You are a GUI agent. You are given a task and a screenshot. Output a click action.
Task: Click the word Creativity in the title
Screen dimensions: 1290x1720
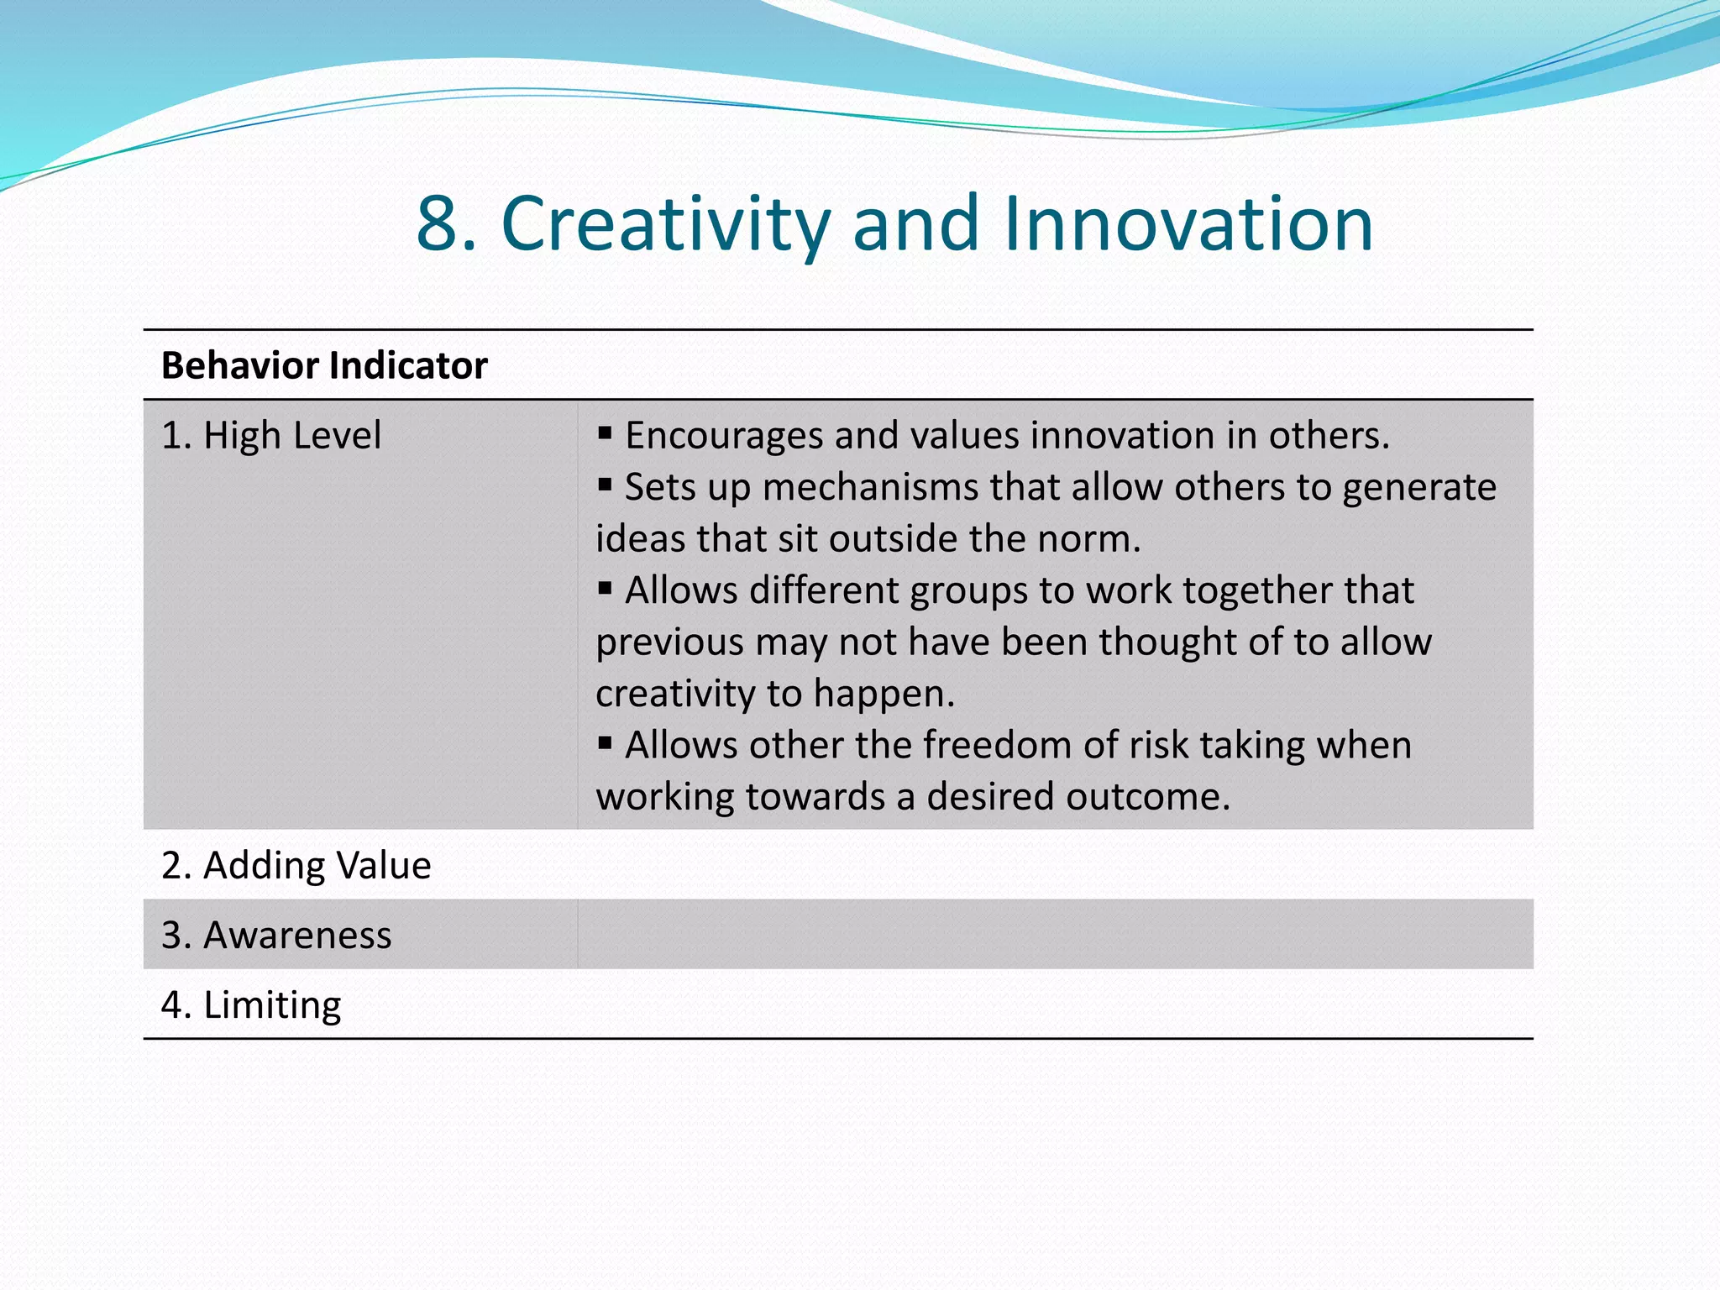pos(665,223)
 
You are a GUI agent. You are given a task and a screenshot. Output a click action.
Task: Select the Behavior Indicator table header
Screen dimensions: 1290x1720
pos(324,365)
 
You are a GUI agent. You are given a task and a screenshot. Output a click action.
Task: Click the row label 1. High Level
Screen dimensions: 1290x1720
pos(271,435)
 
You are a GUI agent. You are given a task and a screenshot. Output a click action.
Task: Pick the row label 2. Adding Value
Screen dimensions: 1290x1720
pos(296,865)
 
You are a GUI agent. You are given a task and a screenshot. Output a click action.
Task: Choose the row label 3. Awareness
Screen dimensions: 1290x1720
pos(276,935)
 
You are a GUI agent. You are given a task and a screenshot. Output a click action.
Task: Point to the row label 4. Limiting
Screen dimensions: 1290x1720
pos(251,1004)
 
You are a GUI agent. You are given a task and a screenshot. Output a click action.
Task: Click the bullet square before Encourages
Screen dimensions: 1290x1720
pos(605,433)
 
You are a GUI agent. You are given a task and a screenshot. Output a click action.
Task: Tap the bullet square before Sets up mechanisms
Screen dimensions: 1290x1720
pos(605,485)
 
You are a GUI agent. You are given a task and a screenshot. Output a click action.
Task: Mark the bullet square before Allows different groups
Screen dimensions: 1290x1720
pos(605,588)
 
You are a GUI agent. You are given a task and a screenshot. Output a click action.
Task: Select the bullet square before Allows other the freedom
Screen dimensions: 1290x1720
pos(605,742)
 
